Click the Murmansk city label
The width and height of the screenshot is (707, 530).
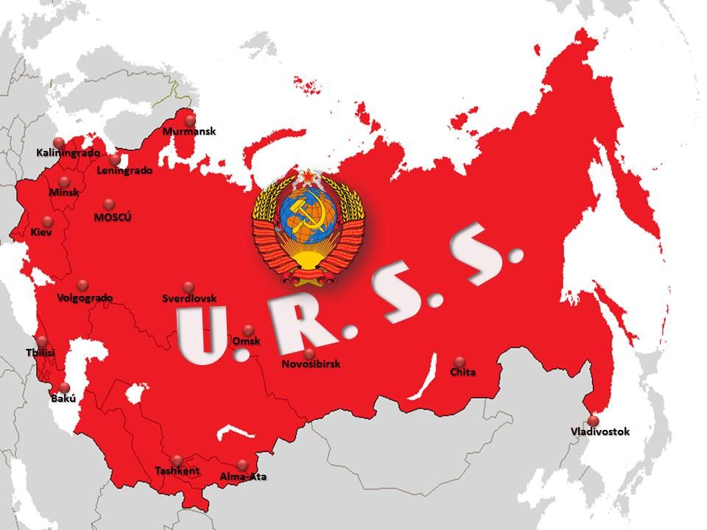tap(189, 132)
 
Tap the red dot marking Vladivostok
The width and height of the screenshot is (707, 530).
tap(593, 421)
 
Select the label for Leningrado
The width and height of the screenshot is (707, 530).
tap(124, 171)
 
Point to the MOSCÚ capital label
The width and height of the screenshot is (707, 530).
tap(113, 217)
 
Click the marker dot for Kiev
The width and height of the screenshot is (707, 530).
tap(48, 222)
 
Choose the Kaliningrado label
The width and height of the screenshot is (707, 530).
tap(68, 153)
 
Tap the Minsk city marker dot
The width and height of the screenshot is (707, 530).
tap(64, 182)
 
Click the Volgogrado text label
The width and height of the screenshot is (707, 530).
tap(85, 298)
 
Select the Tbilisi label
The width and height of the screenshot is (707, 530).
tap(41, 353)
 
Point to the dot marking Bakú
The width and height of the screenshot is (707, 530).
tap(64, 388)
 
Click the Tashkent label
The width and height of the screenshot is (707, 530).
tap(177, 471)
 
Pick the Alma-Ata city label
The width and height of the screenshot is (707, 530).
tap(243, 477)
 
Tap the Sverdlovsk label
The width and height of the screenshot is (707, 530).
tap(189, 299)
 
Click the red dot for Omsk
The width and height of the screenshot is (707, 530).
tap(248, 330)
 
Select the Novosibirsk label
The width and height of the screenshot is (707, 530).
tap(311, 364)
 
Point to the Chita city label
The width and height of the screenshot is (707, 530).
tap(462, 372)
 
